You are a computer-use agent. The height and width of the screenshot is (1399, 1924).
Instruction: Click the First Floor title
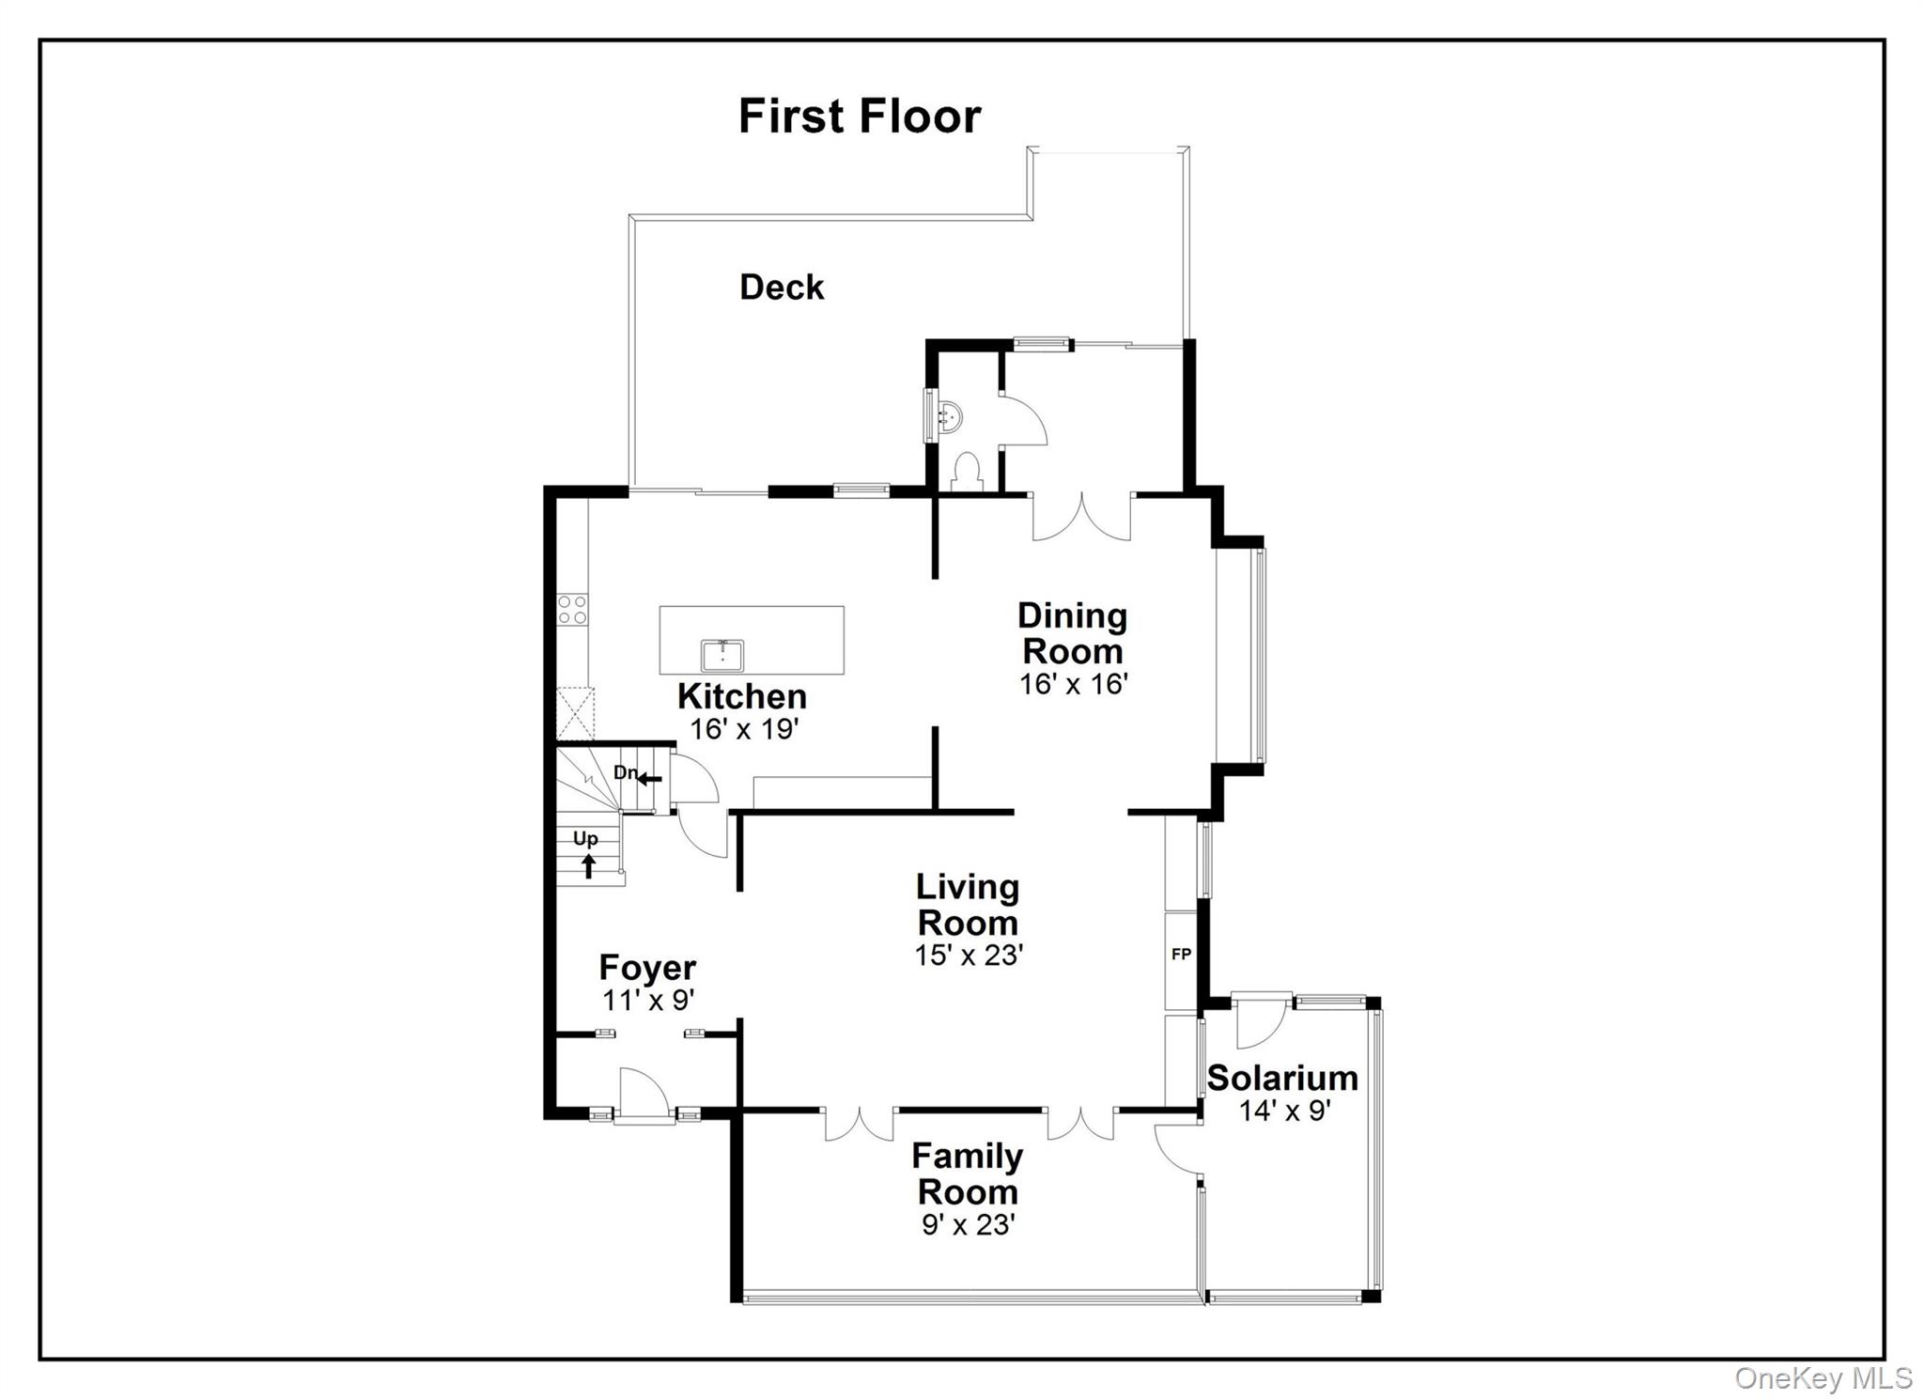tap(859, 117)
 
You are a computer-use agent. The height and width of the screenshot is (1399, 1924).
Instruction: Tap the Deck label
tap(781, 288)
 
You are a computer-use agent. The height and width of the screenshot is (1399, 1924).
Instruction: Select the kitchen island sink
tap(721, 655)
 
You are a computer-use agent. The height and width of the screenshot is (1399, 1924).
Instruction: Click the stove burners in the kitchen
tap(571, 609)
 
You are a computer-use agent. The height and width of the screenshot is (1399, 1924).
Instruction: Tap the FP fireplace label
tap(1181, 955)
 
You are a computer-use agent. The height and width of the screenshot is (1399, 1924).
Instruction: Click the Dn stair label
tap(626, 772)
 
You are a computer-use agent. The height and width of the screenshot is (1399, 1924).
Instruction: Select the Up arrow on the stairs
tap(588, 865)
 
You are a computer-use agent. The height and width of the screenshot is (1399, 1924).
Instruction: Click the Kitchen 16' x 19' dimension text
tap(744, 729)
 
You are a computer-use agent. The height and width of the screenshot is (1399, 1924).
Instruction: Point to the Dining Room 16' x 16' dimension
tap(1073, 684)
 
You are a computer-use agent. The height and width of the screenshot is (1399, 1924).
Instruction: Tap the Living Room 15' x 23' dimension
tap(968, 956)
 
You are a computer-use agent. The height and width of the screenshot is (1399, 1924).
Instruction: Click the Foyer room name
tap(647, 967)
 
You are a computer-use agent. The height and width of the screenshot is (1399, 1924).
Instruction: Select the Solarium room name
tap(1281, 1078)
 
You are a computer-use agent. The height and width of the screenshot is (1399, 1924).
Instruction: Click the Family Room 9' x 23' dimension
tap(968, 1225)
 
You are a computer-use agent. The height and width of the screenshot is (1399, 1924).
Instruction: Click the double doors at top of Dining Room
tap(1081, 516)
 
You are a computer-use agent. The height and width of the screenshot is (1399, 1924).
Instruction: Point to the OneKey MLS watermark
tap(1823, 1378)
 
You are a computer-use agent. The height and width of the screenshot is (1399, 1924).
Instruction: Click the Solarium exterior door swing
tap(1259, 1022)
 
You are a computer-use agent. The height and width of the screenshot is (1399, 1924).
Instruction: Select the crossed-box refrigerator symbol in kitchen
tap(575, 714)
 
